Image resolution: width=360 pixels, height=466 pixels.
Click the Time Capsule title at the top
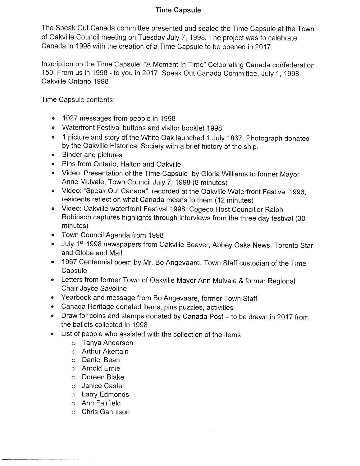178,10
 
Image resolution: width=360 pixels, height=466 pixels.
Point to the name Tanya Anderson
107,343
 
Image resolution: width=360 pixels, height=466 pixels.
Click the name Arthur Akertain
105,351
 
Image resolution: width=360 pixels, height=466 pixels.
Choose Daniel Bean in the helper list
101,360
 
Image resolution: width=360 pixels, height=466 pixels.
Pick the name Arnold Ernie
101,368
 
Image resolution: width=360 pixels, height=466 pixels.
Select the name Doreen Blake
103,377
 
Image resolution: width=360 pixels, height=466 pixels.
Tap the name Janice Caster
103,386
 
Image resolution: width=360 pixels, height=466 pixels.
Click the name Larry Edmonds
105,395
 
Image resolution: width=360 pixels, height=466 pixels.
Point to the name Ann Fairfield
101,403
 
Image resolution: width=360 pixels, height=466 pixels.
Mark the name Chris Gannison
106,412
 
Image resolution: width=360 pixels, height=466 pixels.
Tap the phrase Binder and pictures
92,155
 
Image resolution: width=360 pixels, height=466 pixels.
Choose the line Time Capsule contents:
78,100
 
